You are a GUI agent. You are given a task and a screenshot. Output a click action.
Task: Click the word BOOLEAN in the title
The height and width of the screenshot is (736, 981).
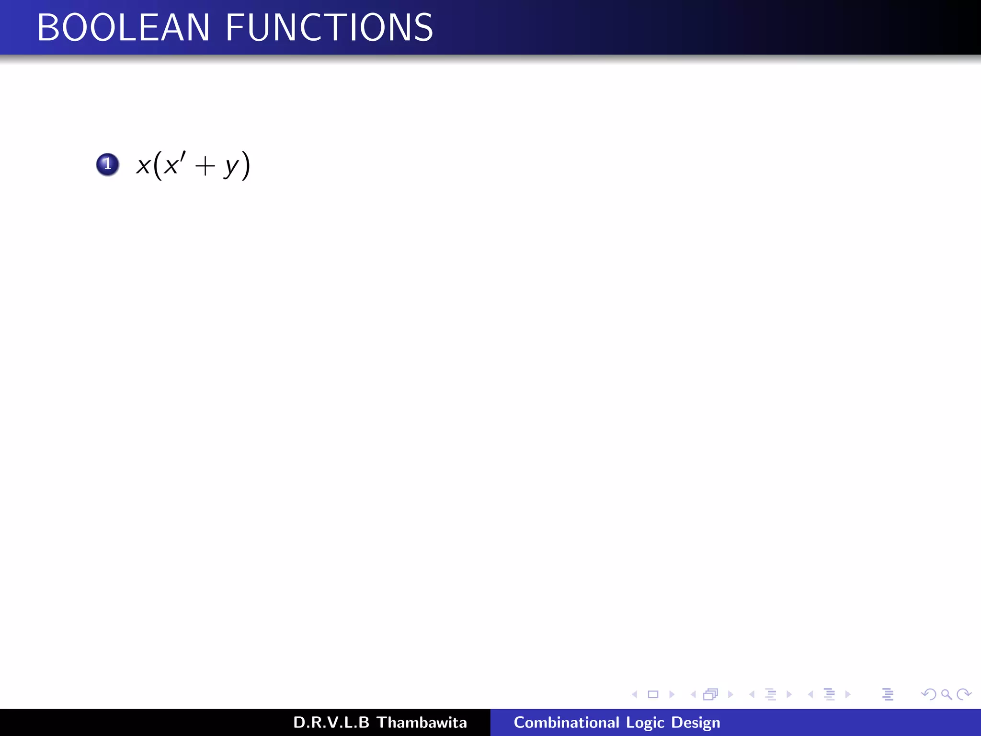click(123, 28)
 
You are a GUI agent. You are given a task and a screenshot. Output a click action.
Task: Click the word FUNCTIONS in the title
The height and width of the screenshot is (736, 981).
click(330, 28)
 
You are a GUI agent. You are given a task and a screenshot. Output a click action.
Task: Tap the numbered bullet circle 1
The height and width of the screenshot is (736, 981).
click(107, 164)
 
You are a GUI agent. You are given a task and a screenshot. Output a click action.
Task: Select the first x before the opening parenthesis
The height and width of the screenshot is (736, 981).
click(143, 166)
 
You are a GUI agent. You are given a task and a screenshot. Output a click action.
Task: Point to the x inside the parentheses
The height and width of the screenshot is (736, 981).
click(171, 166)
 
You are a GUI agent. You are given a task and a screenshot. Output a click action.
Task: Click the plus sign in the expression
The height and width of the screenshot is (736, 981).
click(205, 167)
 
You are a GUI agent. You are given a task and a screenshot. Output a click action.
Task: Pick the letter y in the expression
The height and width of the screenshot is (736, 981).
click(232, 168)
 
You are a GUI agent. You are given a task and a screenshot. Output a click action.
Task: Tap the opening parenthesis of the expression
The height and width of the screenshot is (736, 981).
click(158, 165)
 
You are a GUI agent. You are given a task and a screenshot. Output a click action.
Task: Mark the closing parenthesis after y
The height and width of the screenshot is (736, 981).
click(245, 165)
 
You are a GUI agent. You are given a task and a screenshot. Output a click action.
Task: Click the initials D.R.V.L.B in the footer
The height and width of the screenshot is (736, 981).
click(331, 723)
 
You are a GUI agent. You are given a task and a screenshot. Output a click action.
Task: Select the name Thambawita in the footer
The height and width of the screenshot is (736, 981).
click(422, 723)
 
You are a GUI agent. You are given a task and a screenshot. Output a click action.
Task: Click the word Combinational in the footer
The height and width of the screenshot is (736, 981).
click(566, 723)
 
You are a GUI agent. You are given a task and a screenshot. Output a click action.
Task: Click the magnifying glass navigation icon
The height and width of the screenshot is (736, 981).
click(946, 694)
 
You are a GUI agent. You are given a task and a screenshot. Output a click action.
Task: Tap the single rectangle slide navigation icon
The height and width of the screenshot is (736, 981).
click(653, 694)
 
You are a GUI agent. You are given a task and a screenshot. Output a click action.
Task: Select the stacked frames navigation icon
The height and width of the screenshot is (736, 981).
click(711, 694)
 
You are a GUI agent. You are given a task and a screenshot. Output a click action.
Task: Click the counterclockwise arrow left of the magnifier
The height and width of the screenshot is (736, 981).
click(929, 694)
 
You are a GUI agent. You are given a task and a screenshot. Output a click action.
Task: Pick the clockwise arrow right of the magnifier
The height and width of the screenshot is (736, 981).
click(963, 694)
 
